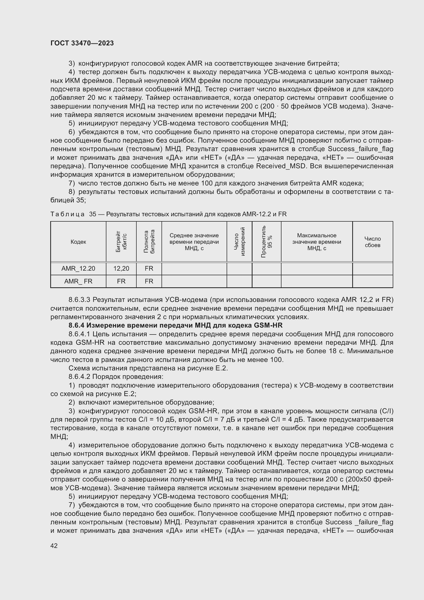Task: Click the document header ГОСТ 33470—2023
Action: pyautogui.click(x=82, y=43)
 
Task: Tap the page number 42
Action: pyautogui.click(x=54, y=546)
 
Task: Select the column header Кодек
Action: pyautogui.click(x=78, y=242)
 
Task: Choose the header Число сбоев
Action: pyautogui.click(x=372, y=242)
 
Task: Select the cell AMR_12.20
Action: pyautogui.click(x=78, y=268)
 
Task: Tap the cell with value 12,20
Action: pyautogui.click(x=121, y=268)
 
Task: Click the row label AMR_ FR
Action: pyautogui.click(x=78, y=281)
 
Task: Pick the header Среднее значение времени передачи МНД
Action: pyautogui.click(x=194, y=242)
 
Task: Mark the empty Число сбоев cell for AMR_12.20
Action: pyautogui.click(x=372, y=268)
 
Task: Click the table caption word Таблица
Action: pyautogui.click(x=67, y=214)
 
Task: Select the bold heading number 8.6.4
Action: pyautogui.click(x=76, y=325)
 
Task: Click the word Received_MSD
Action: pyautogui.click(x=281, y=166)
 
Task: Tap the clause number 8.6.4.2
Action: pyautogui.click(x=79, y=377)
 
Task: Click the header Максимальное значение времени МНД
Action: pyautogui.click(x=316, y=242)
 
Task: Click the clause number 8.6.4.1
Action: pyautogui.click(x=79, y=334)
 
